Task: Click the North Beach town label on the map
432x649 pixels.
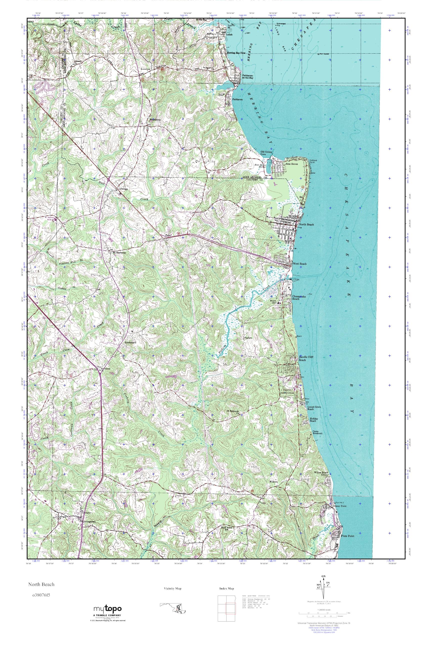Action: click(x=306, y=224)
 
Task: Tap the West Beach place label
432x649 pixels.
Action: click(x=299, y=263)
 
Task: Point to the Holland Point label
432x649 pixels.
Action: click(x=313, y=161)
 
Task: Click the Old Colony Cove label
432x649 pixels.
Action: click(x=266, y=153)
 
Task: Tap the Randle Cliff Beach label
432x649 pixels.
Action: click(x=306, y=358)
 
